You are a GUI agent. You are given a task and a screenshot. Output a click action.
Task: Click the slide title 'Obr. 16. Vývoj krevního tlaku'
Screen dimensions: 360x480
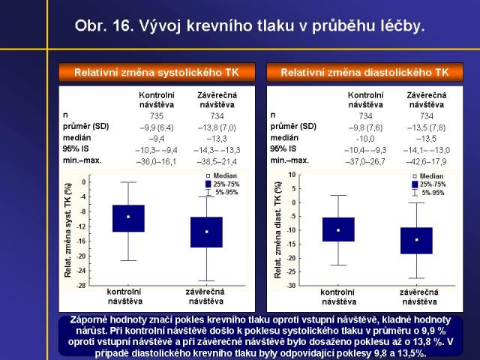point(250,26)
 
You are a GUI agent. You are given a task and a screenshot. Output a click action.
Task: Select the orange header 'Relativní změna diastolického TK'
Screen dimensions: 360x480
point(364,73)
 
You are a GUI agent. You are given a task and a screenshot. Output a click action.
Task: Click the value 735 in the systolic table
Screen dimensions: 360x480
point(156,116)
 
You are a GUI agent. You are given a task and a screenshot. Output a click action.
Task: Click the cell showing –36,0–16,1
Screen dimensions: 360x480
point(156,160)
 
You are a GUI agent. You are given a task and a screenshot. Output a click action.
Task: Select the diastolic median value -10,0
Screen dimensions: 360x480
point(365,138)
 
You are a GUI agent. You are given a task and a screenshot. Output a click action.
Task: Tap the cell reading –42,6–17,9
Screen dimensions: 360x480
point(426,160)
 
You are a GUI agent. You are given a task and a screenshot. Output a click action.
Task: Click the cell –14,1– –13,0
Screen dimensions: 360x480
point(426,149)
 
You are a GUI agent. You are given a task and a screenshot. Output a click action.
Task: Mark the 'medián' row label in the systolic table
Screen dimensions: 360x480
point(76,138)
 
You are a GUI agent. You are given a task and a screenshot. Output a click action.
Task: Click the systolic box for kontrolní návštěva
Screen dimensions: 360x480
point(128,218)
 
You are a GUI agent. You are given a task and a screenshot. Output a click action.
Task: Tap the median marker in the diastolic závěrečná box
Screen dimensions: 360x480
point(416,240)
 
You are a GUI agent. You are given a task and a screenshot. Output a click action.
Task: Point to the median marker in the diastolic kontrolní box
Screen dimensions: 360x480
point(338,230)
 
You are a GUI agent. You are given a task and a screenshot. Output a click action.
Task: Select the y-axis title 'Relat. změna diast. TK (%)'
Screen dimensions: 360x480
point(277,230)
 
